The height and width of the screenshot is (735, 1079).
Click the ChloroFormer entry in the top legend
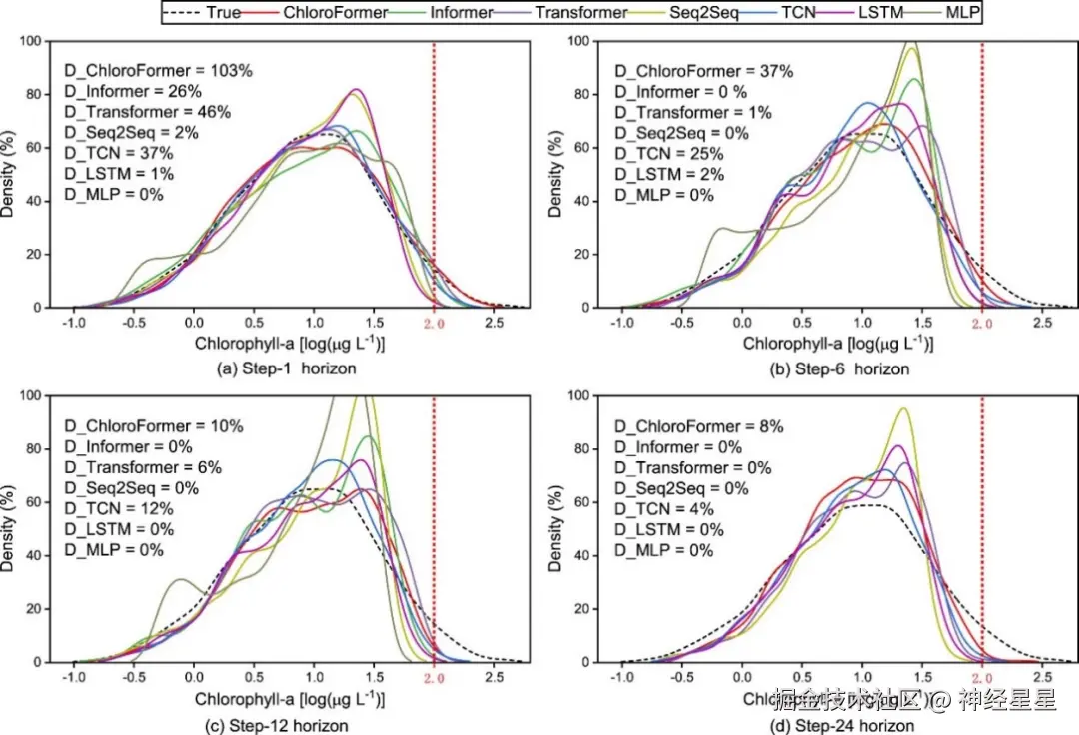coord(321,12)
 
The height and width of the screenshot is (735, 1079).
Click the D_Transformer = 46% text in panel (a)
coord(148,112)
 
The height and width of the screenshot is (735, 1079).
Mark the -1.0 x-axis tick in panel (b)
coord(621,325)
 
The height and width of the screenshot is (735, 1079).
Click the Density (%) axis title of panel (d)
coord(556,529)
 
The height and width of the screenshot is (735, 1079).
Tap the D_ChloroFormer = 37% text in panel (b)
coord(703,71)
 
